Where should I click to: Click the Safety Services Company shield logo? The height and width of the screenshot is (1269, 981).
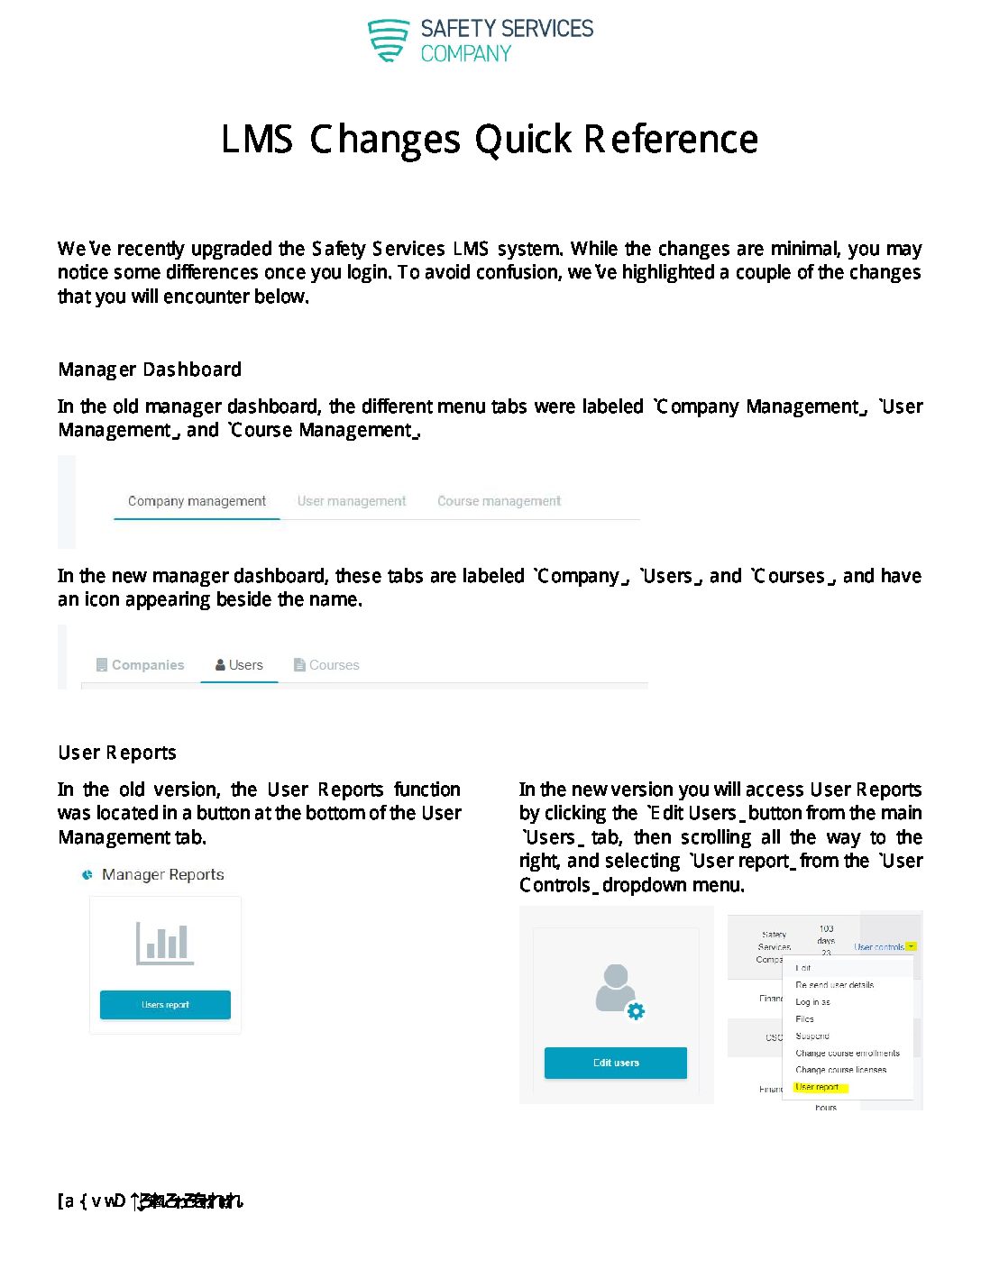(389, 41)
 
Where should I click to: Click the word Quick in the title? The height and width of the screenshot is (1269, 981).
(523, 140)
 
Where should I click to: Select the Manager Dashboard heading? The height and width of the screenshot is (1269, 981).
(150, 370)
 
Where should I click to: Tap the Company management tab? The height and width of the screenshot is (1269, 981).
(197, 501)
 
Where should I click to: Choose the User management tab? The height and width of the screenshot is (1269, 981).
(352, 501)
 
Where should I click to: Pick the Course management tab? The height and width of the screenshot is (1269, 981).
(499, 501)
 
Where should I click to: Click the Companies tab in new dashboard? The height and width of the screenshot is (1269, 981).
(141, 665)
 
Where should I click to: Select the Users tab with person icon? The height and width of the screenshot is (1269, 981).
(240, 665)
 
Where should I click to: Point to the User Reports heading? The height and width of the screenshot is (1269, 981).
(117, 753)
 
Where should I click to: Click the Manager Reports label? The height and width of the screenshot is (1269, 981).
(162, 874)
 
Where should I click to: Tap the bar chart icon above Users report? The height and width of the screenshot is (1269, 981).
(164, 943)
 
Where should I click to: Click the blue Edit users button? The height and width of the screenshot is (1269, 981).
(616, 1063)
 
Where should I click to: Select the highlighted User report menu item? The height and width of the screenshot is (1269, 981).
(817, 1087)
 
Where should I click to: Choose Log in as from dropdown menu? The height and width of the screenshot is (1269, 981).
(812, 1002)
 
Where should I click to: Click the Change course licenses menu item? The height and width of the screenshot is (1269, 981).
(840, 1070)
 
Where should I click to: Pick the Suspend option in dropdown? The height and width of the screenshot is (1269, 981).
(812, 1036)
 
